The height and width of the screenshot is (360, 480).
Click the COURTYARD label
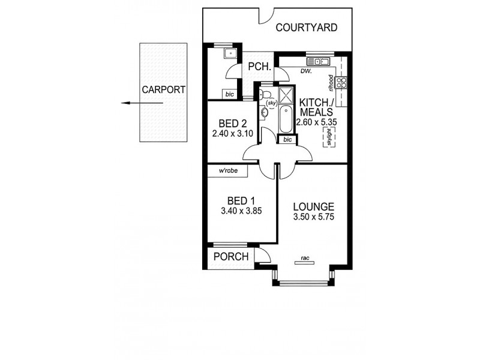tap(306, 28)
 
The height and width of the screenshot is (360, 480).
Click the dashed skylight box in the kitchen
tap(328, 139)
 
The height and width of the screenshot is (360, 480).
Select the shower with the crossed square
tap(286, 94)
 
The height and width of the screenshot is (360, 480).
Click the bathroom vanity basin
tap(265, 112)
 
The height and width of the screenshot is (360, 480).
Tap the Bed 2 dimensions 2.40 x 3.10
tap(233, 134)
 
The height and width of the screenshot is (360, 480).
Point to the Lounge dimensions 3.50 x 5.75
tap(314, 217)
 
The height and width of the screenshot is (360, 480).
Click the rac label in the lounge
tap(305, 259)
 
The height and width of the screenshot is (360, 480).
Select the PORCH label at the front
tap(232, 257)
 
